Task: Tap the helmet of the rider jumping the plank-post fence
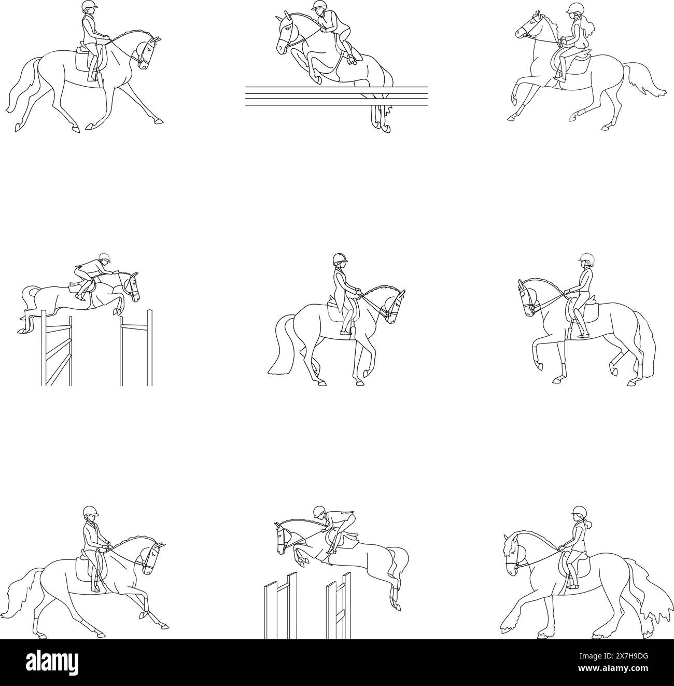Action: point(319,511)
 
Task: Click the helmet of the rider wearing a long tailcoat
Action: point(339,258)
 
